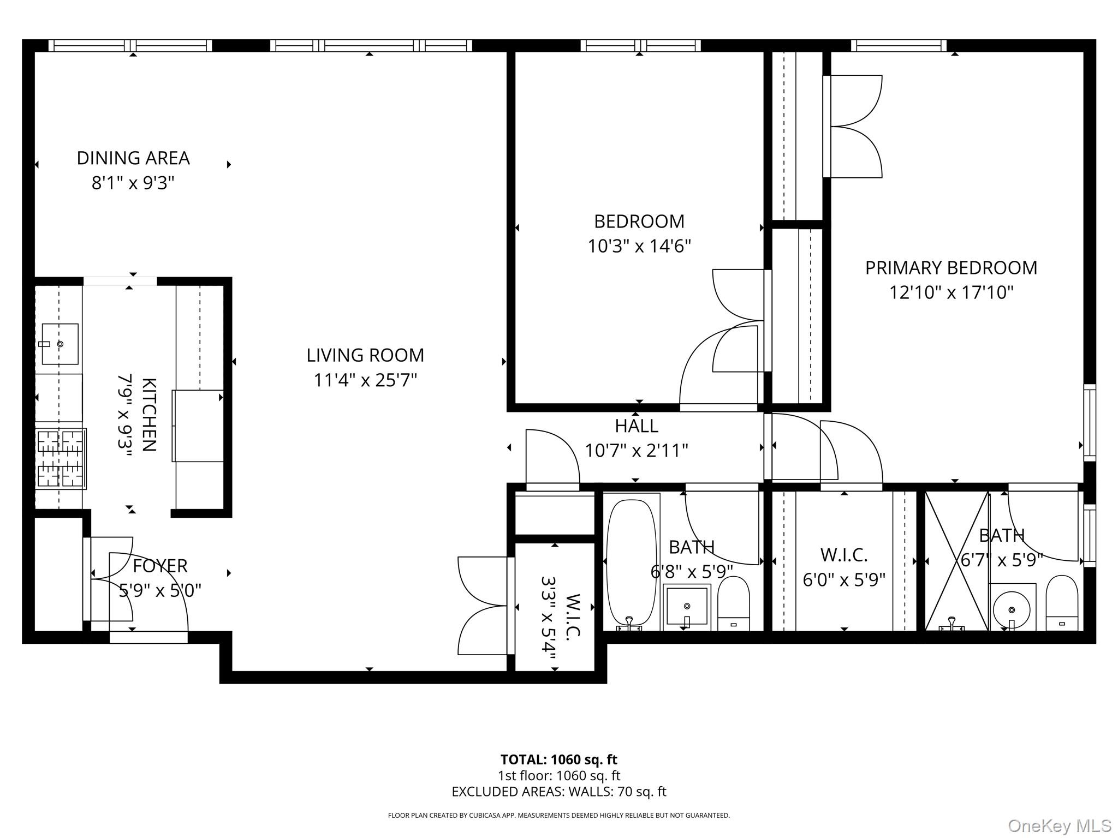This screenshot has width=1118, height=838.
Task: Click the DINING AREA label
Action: click(x=133, y=158)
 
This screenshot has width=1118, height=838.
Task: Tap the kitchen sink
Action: click(x=60, y=344)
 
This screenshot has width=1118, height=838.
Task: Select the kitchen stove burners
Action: click(x=61, y=458)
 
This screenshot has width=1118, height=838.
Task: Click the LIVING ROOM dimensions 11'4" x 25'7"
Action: click(x=365, y=380)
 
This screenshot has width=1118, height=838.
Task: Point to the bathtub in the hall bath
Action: click(x=632, y=562)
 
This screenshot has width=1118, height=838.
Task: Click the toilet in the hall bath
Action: click(x=733, y=604)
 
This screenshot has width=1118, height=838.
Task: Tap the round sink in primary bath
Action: click(x=1012, y=609)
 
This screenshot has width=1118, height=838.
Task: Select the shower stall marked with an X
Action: click(x=956, y=562)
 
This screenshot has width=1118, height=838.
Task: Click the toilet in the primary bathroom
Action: click(x=1061, y=603)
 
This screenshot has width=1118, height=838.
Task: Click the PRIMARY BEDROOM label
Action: click(x=951, y=268)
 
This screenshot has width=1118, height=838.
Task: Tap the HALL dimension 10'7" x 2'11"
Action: click(x=636, y=451)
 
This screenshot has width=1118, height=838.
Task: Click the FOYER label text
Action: click(x=160, y=566)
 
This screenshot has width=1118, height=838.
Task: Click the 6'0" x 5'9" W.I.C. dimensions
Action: click(x=843, y=579)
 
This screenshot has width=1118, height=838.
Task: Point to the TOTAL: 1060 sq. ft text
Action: click(x=558, y=759)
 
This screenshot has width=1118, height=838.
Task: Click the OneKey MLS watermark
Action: click(x=1060, y=826)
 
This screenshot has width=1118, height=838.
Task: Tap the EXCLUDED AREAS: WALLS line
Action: click(x=558, y=792)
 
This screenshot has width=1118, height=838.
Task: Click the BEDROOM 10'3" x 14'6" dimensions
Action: click(x=639, y=247)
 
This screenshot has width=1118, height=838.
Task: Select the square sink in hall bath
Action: click(x=687, y=607)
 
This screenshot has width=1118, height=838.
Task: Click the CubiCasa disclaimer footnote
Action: click(x=558, y=816)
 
